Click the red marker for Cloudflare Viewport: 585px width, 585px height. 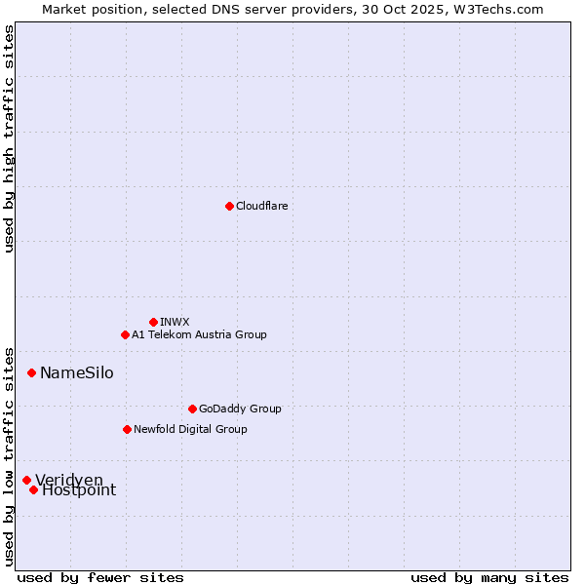click(x=229, y=206)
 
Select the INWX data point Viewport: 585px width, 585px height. click(x=153, y=322)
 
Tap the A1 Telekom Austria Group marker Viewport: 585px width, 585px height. click(x=125, y=334)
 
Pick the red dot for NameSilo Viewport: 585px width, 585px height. click(x=31, y=372)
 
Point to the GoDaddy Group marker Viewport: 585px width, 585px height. click(x=192, y=409)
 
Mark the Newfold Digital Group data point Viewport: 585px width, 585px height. click(x=127, y=429)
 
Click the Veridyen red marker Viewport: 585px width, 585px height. click(x=26, y=480)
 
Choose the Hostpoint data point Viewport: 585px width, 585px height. click(x=33, y=489)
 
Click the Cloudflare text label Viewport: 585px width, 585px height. click(x=261, y=206)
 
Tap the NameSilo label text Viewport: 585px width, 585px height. click(x=76, y=373)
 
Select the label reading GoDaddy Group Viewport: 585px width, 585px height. click(x=240, y=409)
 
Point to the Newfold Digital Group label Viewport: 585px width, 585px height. click(x=190, y=429)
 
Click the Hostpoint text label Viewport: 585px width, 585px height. click(x=79, y=490)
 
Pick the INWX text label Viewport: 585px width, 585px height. click(x=175, y=322)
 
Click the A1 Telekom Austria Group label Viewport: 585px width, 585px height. click(x=199, y=334)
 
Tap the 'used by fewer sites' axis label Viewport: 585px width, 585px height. click(x=100, y=577)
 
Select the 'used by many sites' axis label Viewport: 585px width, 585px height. click(x=489, y=577)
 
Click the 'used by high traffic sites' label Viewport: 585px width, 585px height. click(x=9, y=138)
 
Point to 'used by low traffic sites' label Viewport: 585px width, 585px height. click(x=9, y=456)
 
